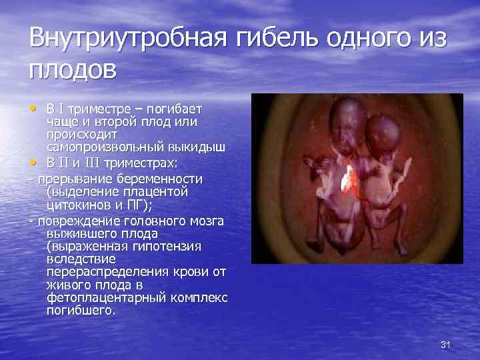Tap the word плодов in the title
(x=73, y=68)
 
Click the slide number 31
(x=446, y=344)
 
